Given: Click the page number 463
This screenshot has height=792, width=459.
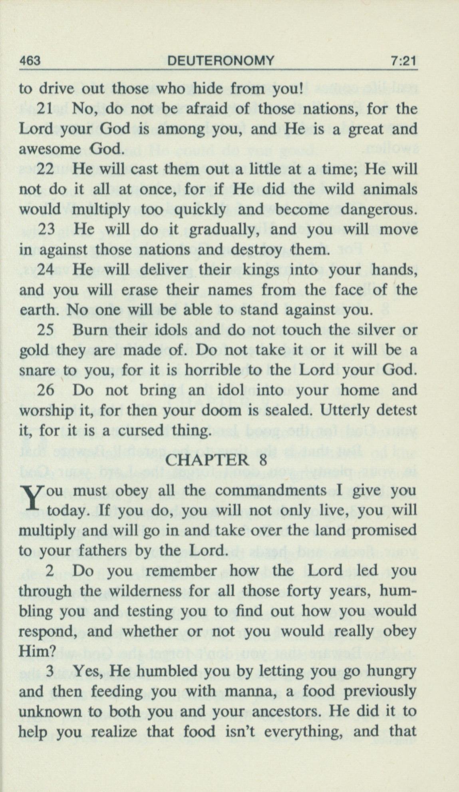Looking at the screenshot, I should (30, 61).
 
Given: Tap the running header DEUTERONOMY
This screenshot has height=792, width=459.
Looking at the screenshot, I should (221, 61).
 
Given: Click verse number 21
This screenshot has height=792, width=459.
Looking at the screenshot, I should (46, 109).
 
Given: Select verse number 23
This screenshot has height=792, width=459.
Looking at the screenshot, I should (47, 229).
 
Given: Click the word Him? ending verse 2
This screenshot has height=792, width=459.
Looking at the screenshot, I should (37, 651).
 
